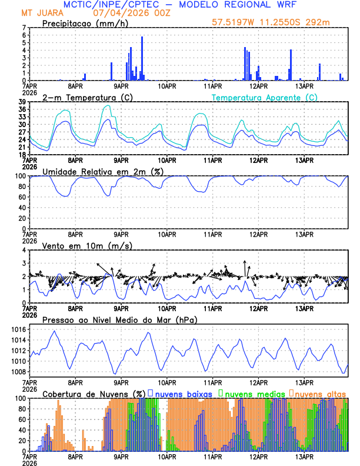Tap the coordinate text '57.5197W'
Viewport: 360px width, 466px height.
pos(233,22)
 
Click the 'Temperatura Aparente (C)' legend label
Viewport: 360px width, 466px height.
pos(264,97)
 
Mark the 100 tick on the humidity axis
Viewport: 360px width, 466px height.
pos(20,176)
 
